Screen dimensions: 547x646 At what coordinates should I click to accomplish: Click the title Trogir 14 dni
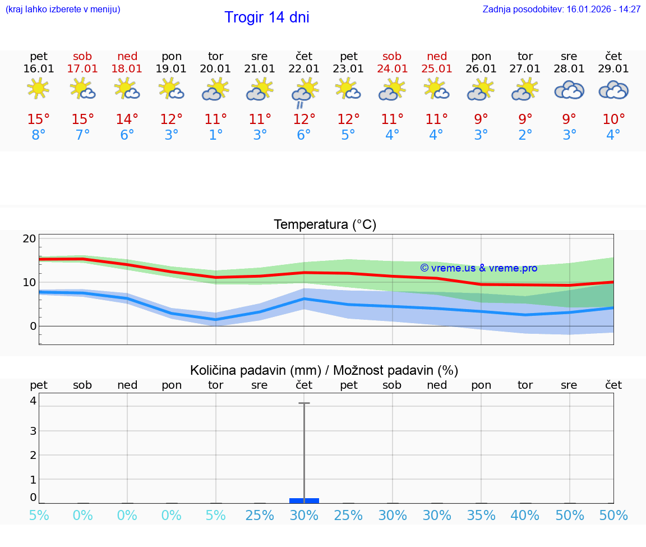266,17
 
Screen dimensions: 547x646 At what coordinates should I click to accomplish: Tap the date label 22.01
304,69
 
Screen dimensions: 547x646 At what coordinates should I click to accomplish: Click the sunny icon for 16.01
38,89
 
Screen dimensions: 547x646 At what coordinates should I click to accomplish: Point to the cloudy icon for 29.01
613,90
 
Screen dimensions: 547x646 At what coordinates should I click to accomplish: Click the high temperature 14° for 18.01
127,119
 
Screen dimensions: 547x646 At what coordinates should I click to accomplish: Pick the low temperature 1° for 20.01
216,135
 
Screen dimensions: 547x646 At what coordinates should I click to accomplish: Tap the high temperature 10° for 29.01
613,119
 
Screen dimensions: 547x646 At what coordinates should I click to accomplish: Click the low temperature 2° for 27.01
525,135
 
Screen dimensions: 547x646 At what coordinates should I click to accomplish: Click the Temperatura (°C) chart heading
325,225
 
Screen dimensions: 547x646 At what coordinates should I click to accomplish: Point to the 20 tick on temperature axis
30,238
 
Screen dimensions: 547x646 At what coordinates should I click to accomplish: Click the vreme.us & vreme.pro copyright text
478,268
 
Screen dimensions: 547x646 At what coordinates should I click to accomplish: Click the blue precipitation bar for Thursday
304,500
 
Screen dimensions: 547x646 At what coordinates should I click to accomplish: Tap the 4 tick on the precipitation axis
33,401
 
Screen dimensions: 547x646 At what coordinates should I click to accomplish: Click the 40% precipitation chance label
525,516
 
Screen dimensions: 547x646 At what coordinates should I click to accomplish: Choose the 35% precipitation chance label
481,516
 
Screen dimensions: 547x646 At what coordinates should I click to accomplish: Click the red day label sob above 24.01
392,56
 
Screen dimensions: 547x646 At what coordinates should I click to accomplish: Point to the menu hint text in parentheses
62,10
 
